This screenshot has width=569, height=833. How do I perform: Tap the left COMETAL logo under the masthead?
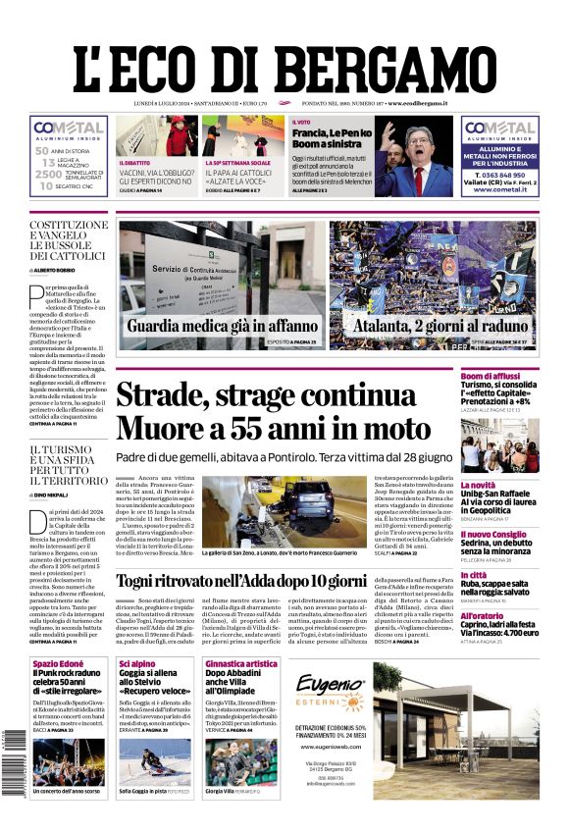[x=69, y=129]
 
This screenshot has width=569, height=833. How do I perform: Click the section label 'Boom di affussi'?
[x=491, y=376]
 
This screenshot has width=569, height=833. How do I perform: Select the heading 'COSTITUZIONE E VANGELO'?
[x=69, y=232]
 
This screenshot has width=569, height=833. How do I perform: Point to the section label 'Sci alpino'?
[x=138, y=664]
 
